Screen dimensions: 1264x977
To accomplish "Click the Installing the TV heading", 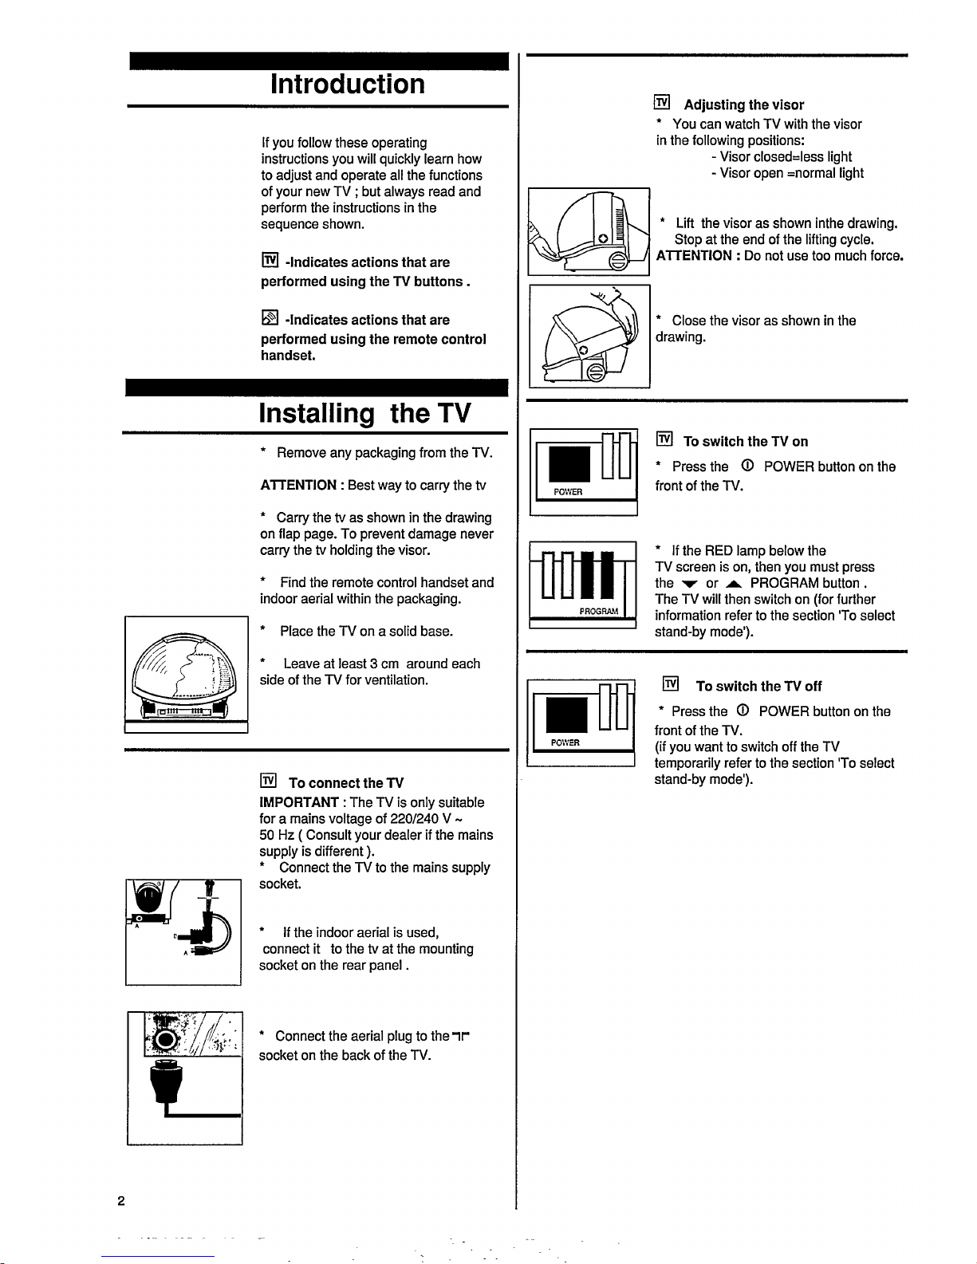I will click(x=365, y=414).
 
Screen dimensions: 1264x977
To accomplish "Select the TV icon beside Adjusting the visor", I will click(x=661, y=103).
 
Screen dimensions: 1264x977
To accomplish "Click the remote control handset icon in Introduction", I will click(x=269, y=319).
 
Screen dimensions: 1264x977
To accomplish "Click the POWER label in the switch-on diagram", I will click(x=567, y=491).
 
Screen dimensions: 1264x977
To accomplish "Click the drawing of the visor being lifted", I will click(x=589, y=230).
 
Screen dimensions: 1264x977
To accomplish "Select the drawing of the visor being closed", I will click(x=589, y=334).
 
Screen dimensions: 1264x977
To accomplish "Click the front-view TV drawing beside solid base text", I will click(x=185, y=672).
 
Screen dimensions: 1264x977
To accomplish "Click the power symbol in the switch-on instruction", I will click(x=747, y=467).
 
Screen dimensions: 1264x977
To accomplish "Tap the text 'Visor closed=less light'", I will click(x=786, y=156).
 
